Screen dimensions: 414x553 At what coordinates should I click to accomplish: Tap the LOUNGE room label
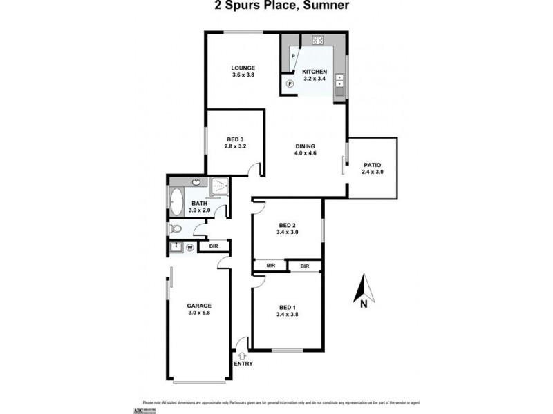(243, 68)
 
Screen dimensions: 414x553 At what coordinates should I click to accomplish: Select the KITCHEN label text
(315, 72)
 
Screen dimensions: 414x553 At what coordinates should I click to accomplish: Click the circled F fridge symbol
(290, 83)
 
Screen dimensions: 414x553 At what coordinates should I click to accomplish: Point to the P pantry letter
(294, 56)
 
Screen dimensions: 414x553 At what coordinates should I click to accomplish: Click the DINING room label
(305, 146)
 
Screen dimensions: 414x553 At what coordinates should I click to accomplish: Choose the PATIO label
(372, 164)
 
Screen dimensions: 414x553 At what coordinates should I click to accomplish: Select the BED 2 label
(287, 226)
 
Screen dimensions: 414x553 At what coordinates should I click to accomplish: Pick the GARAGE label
(199, 306)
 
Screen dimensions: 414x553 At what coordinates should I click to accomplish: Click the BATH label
(200, 203)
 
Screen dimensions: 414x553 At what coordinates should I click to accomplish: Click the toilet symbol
(176, 229)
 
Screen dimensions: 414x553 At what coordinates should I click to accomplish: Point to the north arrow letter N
(362, 300)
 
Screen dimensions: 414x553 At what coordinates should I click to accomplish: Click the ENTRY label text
(243, 364)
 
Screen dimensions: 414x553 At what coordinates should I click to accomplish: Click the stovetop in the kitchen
(320, 39)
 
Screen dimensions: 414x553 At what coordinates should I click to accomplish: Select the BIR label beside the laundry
(214, 246)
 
